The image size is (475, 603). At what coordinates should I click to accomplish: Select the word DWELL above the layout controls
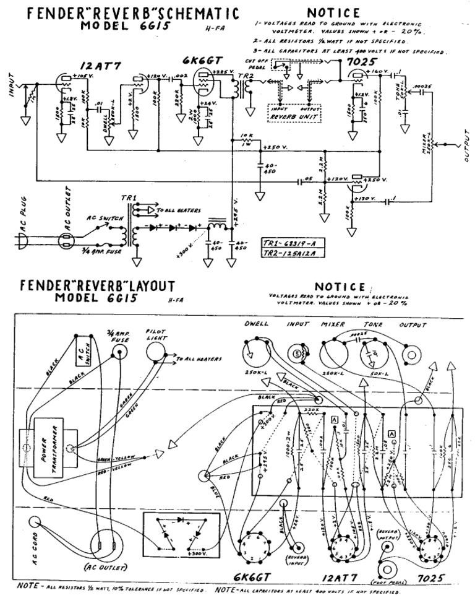[x=256, y=324]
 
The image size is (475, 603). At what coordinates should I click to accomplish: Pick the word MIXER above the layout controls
[x=332, y=324]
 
